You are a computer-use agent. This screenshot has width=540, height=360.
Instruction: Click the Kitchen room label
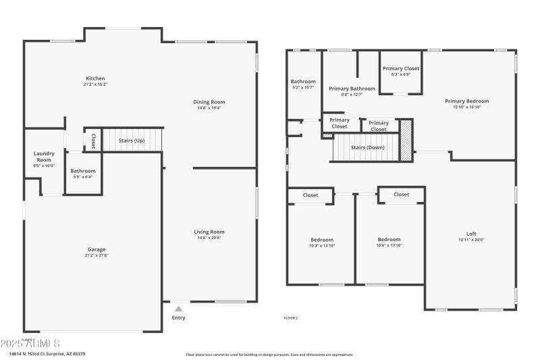click(95, 78)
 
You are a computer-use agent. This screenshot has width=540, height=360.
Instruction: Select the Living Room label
click(209, 232)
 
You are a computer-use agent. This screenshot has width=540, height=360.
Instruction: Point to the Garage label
click(95, 249)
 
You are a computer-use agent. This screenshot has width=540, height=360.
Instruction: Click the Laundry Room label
click(44, 157)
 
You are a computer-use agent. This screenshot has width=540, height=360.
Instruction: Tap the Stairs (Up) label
click(132, 140)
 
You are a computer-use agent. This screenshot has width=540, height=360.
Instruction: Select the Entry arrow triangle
click(178, 309)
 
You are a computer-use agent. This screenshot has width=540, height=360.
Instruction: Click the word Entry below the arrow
click(178, 317)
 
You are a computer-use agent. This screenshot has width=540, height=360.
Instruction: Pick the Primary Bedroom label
click(466, 101)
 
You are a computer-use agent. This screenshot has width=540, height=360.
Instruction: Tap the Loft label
click(471, 234)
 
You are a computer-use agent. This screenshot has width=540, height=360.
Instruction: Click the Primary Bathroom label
click(352, 88)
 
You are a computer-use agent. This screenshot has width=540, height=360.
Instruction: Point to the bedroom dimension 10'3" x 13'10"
click(321, 245)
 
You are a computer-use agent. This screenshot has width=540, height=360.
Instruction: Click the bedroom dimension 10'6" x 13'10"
click(389, 245)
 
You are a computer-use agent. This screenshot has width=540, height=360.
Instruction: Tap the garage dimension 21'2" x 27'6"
click(95, 255)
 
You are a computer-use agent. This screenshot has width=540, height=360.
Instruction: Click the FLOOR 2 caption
click(290, 318)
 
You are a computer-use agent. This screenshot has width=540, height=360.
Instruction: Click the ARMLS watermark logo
click(30, 344)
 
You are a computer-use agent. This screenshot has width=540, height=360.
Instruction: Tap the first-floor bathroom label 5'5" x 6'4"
click(83, 177)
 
